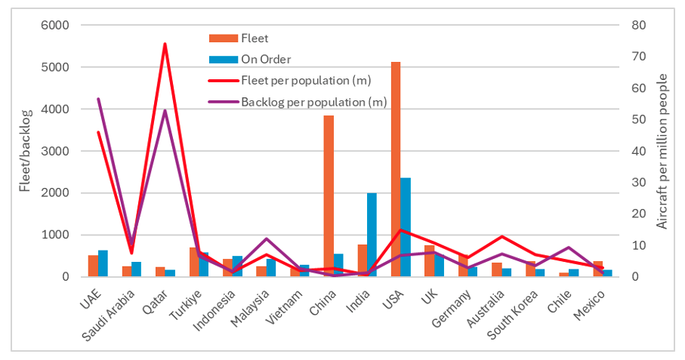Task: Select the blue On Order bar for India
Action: [372, 235]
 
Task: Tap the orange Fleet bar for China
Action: [329, 196]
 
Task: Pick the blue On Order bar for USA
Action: [406, 227]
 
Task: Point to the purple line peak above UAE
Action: [98, 99]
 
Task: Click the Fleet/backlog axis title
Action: [25, 151]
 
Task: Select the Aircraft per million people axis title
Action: [662, 151]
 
